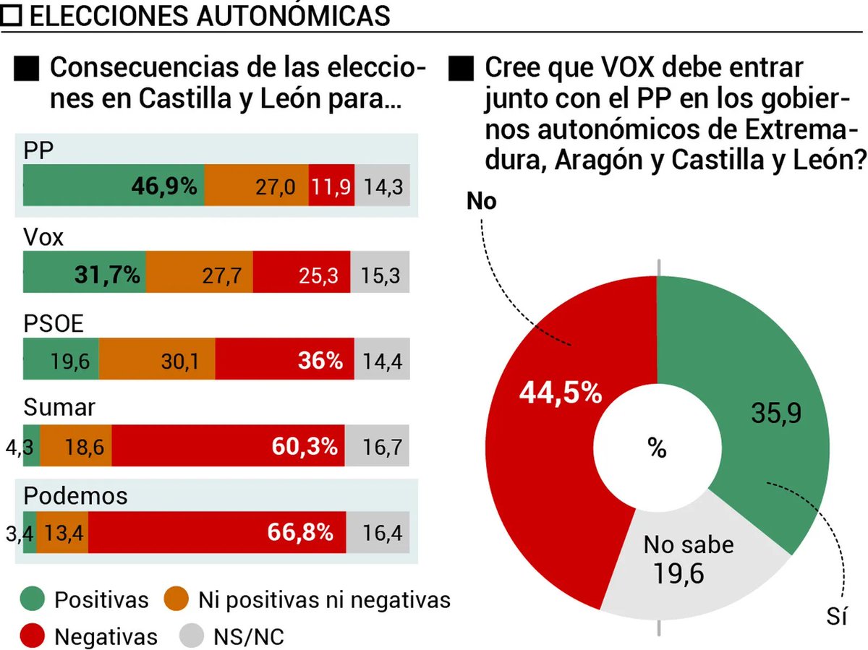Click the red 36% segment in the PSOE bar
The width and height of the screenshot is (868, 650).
[x=284, y=361]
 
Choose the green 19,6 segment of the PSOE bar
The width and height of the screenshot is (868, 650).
[x=61, y=361]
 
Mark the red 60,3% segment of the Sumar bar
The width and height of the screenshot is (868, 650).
[x=228, y=448]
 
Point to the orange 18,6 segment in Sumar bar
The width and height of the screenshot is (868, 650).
[x=76, y=448]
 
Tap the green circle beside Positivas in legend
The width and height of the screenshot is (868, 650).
[x=34, y=600]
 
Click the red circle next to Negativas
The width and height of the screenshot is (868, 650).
[x=34, y=636]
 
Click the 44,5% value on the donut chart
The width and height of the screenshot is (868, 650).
[x=561, y=394]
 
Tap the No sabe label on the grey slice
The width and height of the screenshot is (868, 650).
[x=689, y=544]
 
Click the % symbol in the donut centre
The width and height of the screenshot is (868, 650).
[x=657, y=448]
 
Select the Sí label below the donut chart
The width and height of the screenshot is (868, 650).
[x=837, y=617]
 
